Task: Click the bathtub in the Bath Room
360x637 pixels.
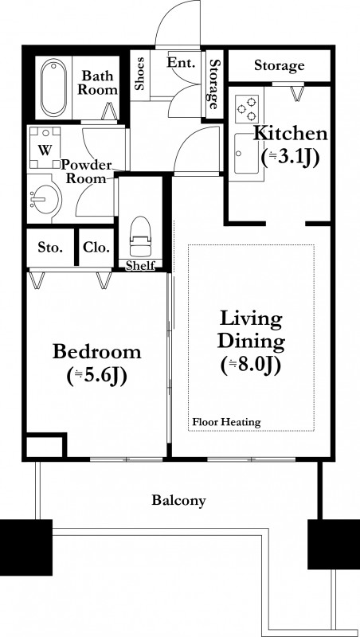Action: (53, 88)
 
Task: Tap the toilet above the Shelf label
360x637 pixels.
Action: (140, 236)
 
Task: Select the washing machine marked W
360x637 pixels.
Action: (45, 147)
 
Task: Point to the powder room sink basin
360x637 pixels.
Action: (45, 198)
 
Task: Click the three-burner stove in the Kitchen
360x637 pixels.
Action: (247, 109)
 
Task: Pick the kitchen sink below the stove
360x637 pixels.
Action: (246, 153)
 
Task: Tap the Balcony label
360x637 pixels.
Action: (178, 500)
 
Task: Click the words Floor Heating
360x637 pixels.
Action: (226, 422)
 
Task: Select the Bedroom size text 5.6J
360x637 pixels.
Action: (97, 375)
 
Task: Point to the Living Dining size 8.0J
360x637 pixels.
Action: (251, 365)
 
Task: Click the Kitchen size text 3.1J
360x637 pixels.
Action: (290, 157)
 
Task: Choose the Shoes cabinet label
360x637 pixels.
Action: (139, 73)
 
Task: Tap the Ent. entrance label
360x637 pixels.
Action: (182, 63)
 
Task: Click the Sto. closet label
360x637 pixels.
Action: (50, 247)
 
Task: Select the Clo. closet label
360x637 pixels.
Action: (96, 247)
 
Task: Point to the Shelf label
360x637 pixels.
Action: (140, 266)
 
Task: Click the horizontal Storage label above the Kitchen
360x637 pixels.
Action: (279, 65)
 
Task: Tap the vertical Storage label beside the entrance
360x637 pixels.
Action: (214, 84)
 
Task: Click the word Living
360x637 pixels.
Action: (251, 319)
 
